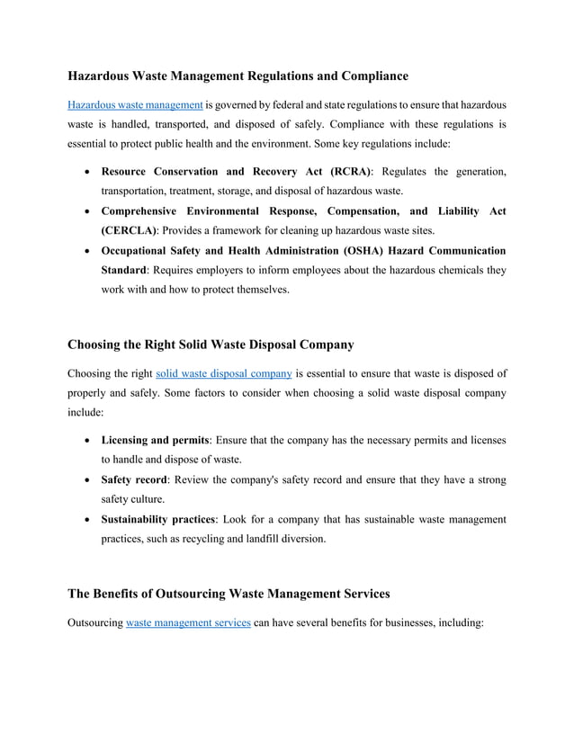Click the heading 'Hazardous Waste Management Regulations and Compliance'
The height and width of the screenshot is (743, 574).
click(238, 76)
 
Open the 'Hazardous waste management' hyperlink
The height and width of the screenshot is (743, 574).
click(135, 105)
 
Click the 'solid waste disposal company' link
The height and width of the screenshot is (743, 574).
click(224, 373)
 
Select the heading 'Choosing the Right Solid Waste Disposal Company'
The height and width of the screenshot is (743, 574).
click(211, 344)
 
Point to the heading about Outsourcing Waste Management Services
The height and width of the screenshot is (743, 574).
click(229, 594)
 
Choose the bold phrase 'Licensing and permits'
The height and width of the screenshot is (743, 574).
click(156, 440)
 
